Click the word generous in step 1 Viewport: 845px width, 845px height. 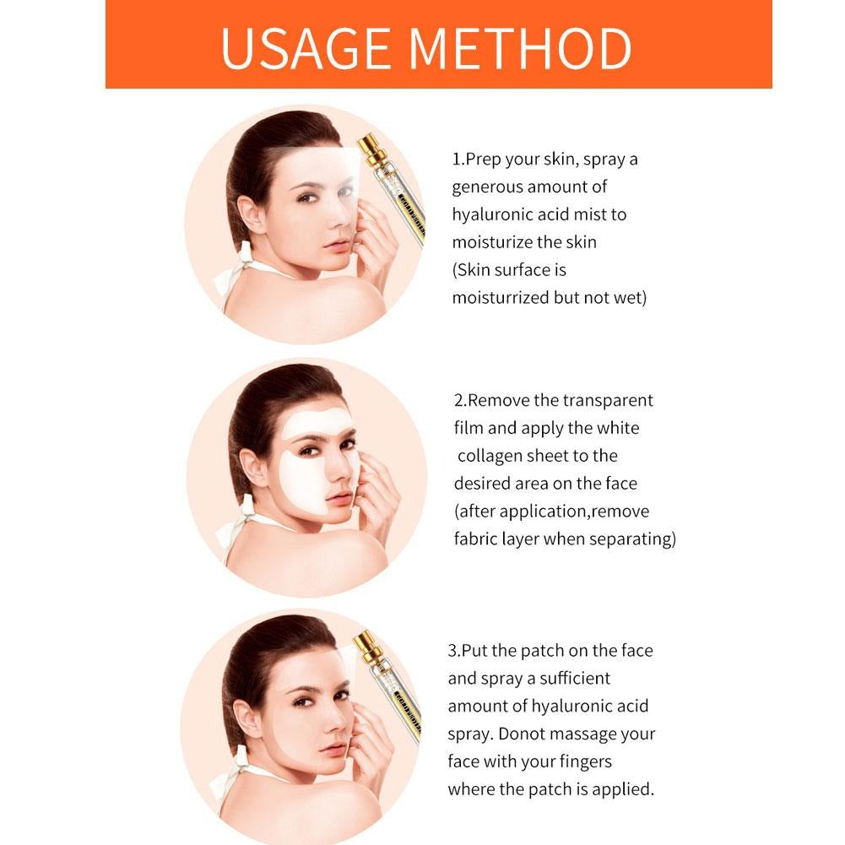tap(487, 187)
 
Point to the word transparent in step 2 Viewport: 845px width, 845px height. tap(608, 400)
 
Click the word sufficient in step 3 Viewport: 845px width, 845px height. tap(564, 678)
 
